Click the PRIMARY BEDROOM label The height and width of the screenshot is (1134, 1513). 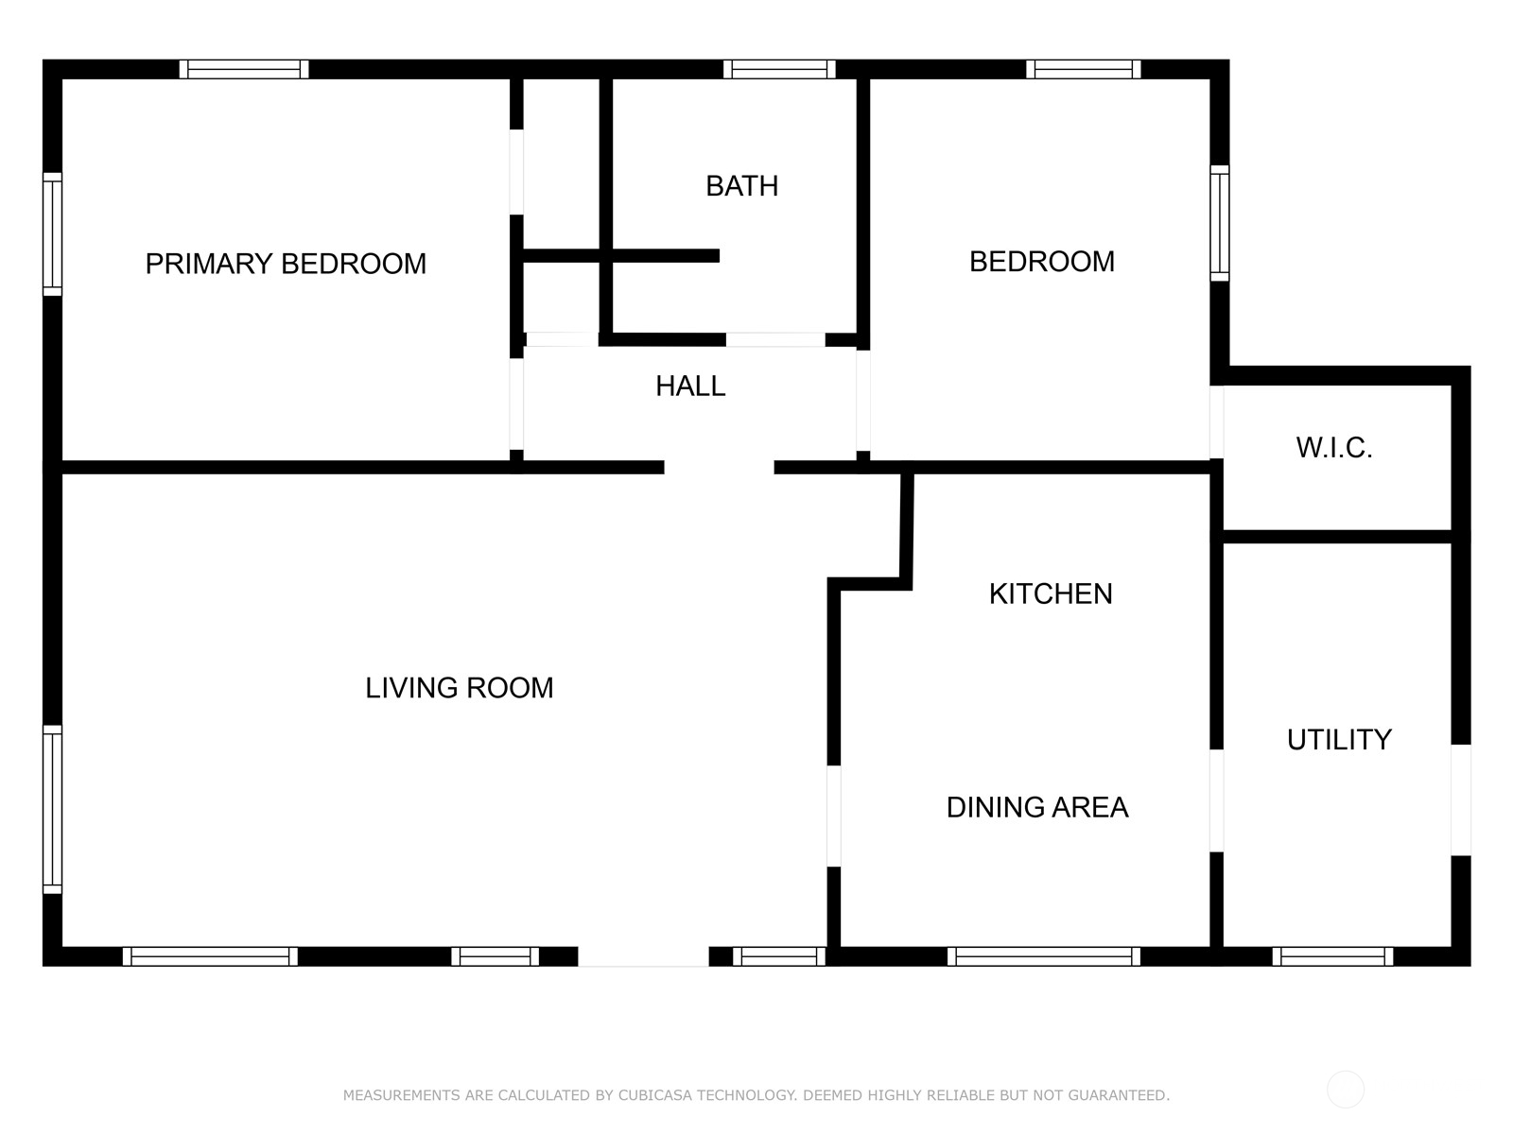[286, 264]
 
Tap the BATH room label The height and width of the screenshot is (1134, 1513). [741, 186]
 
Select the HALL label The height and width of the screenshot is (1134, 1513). [690, 387]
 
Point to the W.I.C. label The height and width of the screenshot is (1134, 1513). [1333, 448]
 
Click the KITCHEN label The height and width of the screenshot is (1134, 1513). [1051, 594]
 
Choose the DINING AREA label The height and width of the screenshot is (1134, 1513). [1036, 808]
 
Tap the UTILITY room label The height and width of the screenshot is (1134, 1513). [1339, 740]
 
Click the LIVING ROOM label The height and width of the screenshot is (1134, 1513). [459, 688]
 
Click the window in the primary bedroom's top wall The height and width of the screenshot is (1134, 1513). [244, 70]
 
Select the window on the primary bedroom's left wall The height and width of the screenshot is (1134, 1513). [52, 234]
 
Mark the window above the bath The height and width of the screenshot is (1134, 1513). [779, 70]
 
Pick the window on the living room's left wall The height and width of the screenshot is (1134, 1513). [52, 809]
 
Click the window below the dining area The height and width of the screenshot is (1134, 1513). [1044, 956]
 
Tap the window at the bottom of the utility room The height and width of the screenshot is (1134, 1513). [1332, 956]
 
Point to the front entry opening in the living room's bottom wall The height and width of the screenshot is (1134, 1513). [643, 956]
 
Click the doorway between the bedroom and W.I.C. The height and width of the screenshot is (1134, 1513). [1217, 422]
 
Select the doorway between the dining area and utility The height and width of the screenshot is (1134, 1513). [1217, 800]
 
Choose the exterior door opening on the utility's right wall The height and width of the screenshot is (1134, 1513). [1461, 800]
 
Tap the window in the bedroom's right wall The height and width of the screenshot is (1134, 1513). [1220, 223]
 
